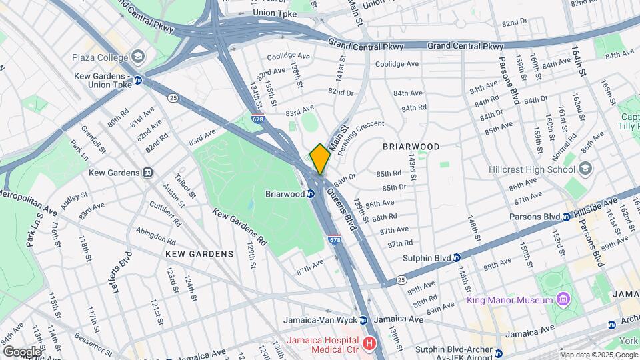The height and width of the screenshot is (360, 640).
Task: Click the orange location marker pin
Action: click(x=320, y=159)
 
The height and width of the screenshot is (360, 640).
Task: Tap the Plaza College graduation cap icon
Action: click(x=138, y=57)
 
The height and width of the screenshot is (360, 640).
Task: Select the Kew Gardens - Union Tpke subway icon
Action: click(x=137, y=80)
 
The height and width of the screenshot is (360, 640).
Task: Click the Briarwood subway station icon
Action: click(x=311, y=194)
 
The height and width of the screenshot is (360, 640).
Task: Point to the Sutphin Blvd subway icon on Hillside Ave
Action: click(x=457, y=257)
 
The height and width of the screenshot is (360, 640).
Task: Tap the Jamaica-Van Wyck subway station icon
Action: click(x=363, y=320)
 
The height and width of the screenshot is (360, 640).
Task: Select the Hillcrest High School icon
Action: click(x=585, y=167)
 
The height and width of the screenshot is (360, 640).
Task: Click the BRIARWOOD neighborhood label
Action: click(x=411, y=147)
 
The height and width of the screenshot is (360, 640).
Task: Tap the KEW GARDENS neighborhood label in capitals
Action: click(x=201, y=254)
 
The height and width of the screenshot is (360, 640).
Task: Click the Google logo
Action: click(x=21, y=351)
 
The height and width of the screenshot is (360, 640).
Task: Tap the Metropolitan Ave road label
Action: click(x=29, y=198)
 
